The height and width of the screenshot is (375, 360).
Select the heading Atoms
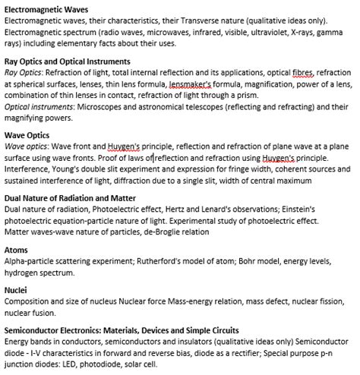pos(16,249)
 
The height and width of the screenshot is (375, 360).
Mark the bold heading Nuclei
pos(17,290)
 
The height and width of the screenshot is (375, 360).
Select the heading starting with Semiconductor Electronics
pos(122,332)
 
